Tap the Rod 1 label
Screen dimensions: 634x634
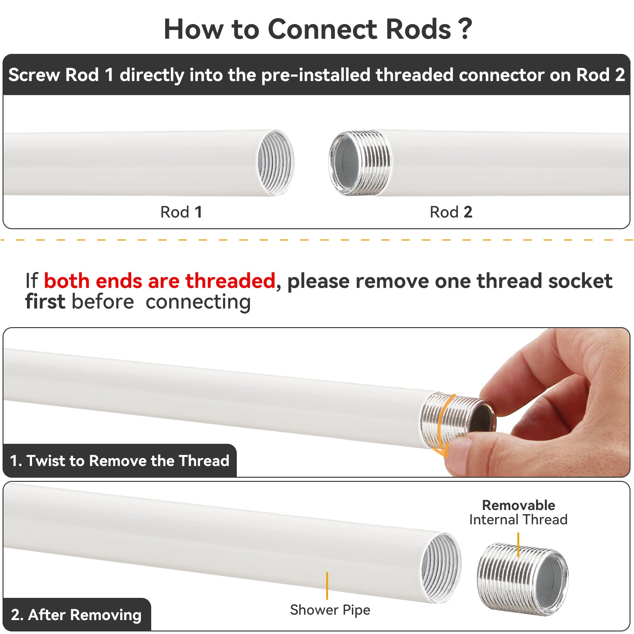(181, 212)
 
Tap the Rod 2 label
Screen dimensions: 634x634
(451, 212)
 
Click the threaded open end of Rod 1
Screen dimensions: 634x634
(276, 163)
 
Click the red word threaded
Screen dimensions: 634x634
(230, 281)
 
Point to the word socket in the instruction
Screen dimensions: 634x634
(580, 281)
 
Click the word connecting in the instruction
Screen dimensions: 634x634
(198, 302)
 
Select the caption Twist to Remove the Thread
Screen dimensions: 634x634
(120, 461)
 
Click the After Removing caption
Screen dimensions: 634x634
(76, 615)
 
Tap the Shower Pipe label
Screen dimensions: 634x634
(330, 610)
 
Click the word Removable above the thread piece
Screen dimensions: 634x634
(519, 505)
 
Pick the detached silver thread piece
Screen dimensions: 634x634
(522, 579)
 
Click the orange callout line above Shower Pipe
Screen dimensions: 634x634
(327, 585)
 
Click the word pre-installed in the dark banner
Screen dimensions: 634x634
(316, 75)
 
